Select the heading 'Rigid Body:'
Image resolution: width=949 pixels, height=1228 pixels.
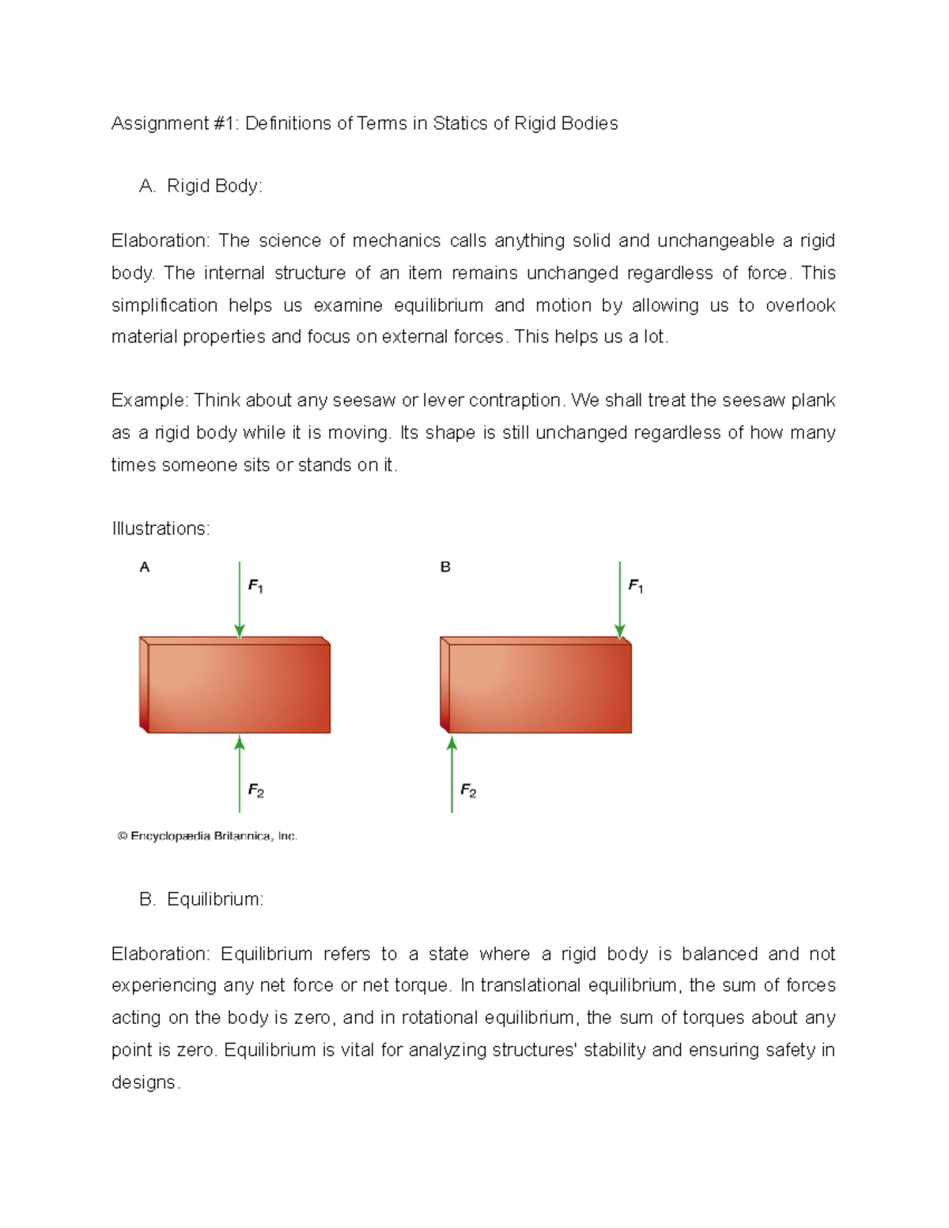click(x=214, y=186)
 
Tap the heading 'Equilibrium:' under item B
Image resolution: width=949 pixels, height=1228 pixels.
click(x=215, y=899)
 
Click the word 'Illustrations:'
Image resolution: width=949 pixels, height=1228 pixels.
click(x=161, y=528)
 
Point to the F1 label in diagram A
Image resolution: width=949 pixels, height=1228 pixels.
click(x=255, y=586)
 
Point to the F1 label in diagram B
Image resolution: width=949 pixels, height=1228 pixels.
click(x=636, y=586)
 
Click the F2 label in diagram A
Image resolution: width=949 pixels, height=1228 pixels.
click(x=255, y=790)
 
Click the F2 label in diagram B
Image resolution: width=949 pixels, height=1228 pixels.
click(x=468, y=790)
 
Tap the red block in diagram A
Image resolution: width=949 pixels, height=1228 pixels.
click(x=237, y=686)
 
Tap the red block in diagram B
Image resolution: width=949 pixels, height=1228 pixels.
click(x=538, y=686)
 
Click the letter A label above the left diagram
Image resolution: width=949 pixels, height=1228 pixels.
click(x=145, y=567)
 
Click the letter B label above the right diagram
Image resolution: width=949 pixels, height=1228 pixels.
click(x=445, y=567)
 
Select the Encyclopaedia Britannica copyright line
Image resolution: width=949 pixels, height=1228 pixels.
click(x=207, y=836)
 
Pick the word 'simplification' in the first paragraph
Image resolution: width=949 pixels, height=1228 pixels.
click(x=164, y=305)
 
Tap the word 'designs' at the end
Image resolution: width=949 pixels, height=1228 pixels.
click(x=145, y=1082)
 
